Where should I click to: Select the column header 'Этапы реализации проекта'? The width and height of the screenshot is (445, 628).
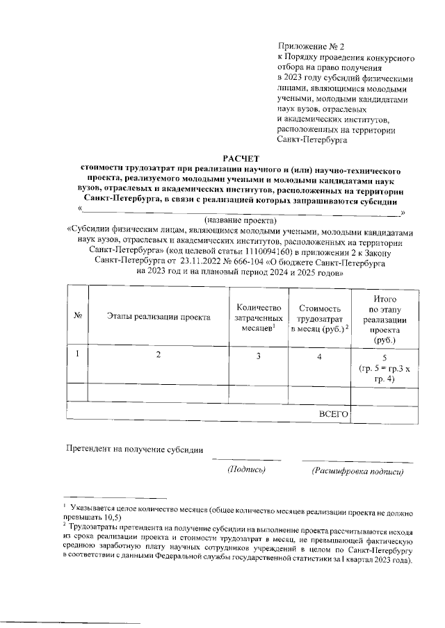[x=159, y=317]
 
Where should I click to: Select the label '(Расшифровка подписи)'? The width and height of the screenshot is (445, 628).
[x=357, y=471]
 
